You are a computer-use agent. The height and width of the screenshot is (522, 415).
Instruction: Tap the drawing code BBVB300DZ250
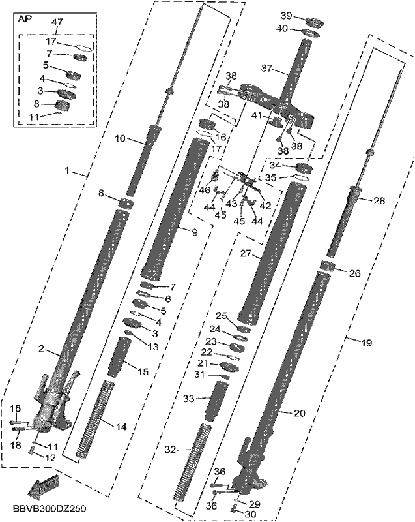pos(50,509)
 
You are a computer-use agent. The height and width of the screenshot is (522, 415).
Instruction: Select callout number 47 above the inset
pos(57,22)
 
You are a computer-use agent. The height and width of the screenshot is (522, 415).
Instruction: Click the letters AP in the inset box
pos(25,19)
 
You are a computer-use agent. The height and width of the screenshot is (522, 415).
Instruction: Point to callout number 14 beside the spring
pos(122,427)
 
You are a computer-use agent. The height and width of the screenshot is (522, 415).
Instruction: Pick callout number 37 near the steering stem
pos(267,69)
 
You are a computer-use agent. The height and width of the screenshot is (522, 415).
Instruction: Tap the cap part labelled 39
pos(315,23)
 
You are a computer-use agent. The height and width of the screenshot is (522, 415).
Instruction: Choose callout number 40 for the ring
pos(282,29)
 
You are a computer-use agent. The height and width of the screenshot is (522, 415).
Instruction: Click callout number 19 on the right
pos(367,343)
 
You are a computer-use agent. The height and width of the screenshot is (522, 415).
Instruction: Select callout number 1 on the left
pos(68,171)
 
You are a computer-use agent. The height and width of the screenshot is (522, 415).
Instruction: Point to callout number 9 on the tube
pos(195,232)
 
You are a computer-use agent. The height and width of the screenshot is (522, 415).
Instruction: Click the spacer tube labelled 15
pos(118,357)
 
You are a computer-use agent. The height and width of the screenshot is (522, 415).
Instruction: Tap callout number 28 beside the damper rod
pos(379,200)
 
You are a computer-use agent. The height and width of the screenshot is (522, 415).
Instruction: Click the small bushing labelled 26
pos(328,267)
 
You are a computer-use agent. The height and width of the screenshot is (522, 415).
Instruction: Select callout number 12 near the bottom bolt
pos(50,458)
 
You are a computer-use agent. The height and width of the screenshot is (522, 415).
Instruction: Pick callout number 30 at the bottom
pos(250,514)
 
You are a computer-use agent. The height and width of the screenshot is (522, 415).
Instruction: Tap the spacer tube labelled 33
pos(216,401)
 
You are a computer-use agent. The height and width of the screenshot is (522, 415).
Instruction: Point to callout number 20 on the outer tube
pos(300,413)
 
